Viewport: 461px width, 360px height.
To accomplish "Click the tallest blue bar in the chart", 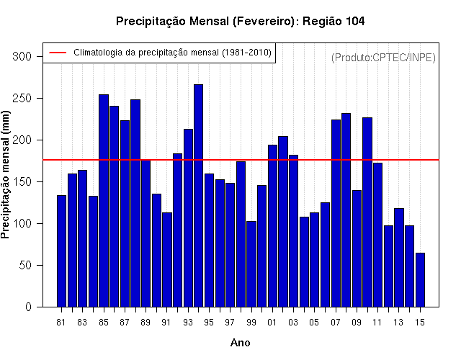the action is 199,196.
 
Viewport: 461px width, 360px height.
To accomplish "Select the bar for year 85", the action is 104,201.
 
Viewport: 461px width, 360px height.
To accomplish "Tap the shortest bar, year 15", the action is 420,280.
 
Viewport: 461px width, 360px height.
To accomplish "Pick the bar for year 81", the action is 61,251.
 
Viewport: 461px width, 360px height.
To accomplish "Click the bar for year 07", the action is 336,213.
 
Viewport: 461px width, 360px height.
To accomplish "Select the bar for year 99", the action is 251,264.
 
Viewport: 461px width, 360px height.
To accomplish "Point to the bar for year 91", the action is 167,260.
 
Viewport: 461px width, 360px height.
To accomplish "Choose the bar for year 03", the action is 293,231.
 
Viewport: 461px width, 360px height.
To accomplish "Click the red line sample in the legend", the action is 58,53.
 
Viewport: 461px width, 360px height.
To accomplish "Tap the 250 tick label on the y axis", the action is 22,98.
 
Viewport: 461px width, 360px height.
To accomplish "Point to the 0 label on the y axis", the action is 28,307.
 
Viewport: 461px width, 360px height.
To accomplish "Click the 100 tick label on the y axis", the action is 22,224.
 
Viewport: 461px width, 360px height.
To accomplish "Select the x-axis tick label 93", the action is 188,323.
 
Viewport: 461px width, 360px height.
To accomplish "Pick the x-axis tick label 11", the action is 377,323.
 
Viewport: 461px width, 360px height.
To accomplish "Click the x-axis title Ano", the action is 240,343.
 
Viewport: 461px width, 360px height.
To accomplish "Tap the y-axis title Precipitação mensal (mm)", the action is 5,175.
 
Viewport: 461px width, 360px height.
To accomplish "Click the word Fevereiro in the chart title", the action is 264,22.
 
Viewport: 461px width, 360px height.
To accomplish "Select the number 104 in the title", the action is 355,21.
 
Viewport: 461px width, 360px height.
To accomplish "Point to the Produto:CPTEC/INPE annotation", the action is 383,58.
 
